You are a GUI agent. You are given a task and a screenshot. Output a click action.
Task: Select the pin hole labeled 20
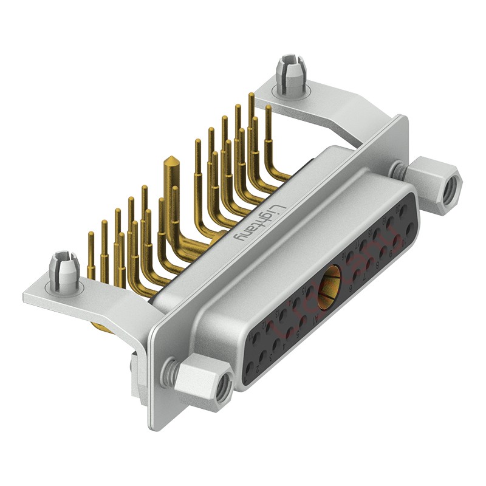[403, 210]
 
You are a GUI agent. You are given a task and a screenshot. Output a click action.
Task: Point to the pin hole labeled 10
[410, 228]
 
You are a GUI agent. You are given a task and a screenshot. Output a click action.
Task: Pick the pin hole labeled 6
[357, 275]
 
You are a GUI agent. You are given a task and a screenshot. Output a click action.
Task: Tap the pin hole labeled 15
[309, 292]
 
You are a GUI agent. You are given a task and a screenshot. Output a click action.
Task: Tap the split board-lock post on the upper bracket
[290, 74]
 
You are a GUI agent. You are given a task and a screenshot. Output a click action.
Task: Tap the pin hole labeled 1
[249, 368]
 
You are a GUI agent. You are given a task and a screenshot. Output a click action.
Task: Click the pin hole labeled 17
[363, 245]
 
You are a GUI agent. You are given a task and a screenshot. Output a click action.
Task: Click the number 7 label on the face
[364, 278]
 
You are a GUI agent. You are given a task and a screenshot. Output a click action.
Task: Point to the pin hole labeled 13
[282, 315]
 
